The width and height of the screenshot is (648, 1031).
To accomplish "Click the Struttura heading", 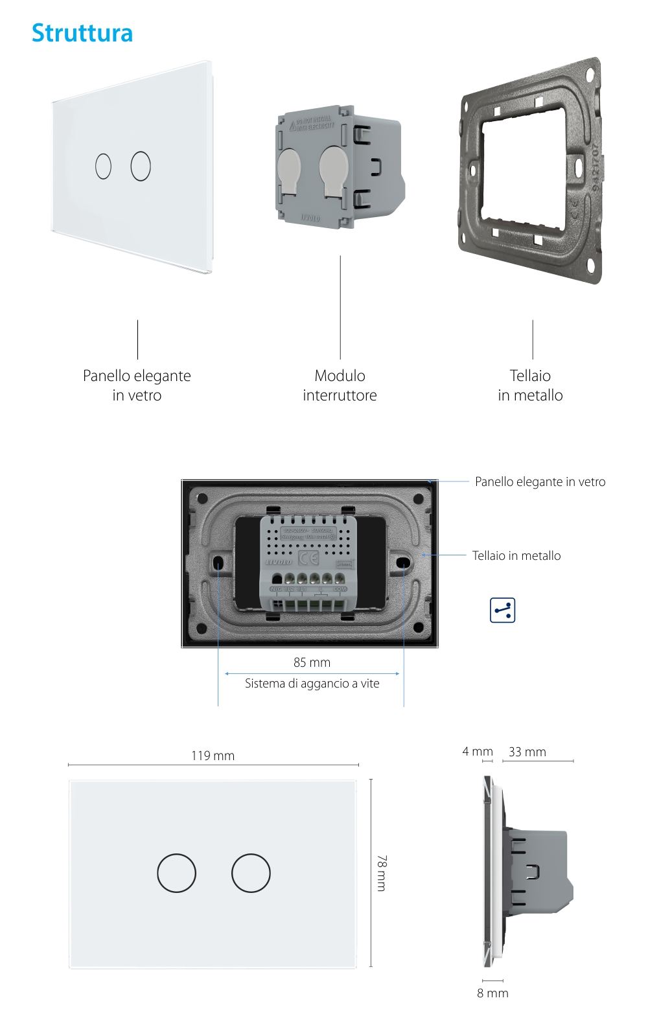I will (x=82, y=33).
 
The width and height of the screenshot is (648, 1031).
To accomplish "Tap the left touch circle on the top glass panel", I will (x=103, y=167).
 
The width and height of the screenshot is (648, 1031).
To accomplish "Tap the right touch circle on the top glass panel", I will (x=141, y=167).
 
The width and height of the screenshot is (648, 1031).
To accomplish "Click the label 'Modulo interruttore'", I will (x=340, y=386).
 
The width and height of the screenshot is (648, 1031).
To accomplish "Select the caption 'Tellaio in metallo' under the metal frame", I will (x=530, y=386).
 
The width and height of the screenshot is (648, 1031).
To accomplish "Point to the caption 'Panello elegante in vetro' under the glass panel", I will (x=137, y=386).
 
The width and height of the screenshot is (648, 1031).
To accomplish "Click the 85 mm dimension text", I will (x=312, y=662).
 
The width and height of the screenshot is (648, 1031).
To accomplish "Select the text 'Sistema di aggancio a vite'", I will (x=312, y=683).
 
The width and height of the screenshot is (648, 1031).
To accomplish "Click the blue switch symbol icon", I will (x=502, y=610).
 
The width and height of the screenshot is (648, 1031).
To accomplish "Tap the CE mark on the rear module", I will (x=308, y=559).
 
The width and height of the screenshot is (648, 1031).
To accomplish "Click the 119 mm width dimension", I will (x=213, y=756).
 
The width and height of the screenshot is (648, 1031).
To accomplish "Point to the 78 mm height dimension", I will (x=382, y=873).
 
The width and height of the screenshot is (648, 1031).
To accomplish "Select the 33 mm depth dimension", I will (x=527, y=752).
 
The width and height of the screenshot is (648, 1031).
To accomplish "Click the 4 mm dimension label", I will (x=478, y=751).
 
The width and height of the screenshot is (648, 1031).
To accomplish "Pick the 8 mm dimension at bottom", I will (x=492, y=993).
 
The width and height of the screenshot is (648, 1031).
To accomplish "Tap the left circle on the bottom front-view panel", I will (x=176, y=873).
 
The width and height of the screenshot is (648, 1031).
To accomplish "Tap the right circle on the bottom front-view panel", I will (x=251, y=873).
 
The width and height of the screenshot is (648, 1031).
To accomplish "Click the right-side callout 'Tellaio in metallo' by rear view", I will (x=516, y=555).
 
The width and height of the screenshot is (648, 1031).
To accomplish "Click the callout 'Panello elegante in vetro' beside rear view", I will (x=540, y=481).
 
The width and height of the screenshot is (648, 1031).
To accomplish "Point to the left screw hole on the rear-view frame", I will (x=218, y=562).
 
